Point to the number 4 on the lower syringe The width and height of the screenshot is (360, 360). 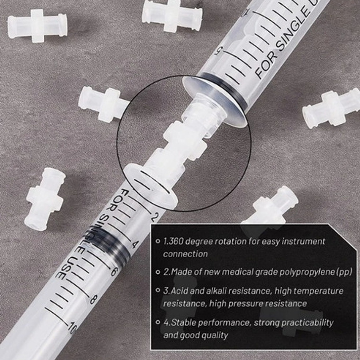(135, 244)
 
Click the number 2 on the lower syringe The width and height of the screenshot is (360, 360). (155, 216)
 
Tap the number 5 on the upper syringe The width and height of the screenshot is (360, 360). (219, 51)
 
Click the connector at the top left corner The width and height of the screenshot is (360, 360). (37, 26)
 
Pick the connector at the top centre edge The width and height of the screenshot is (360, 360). (172, 15)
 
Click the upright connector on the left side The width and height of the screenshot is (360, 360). (45, 199)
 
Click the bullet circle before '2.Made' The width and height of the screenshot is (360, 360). (158, 272)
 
